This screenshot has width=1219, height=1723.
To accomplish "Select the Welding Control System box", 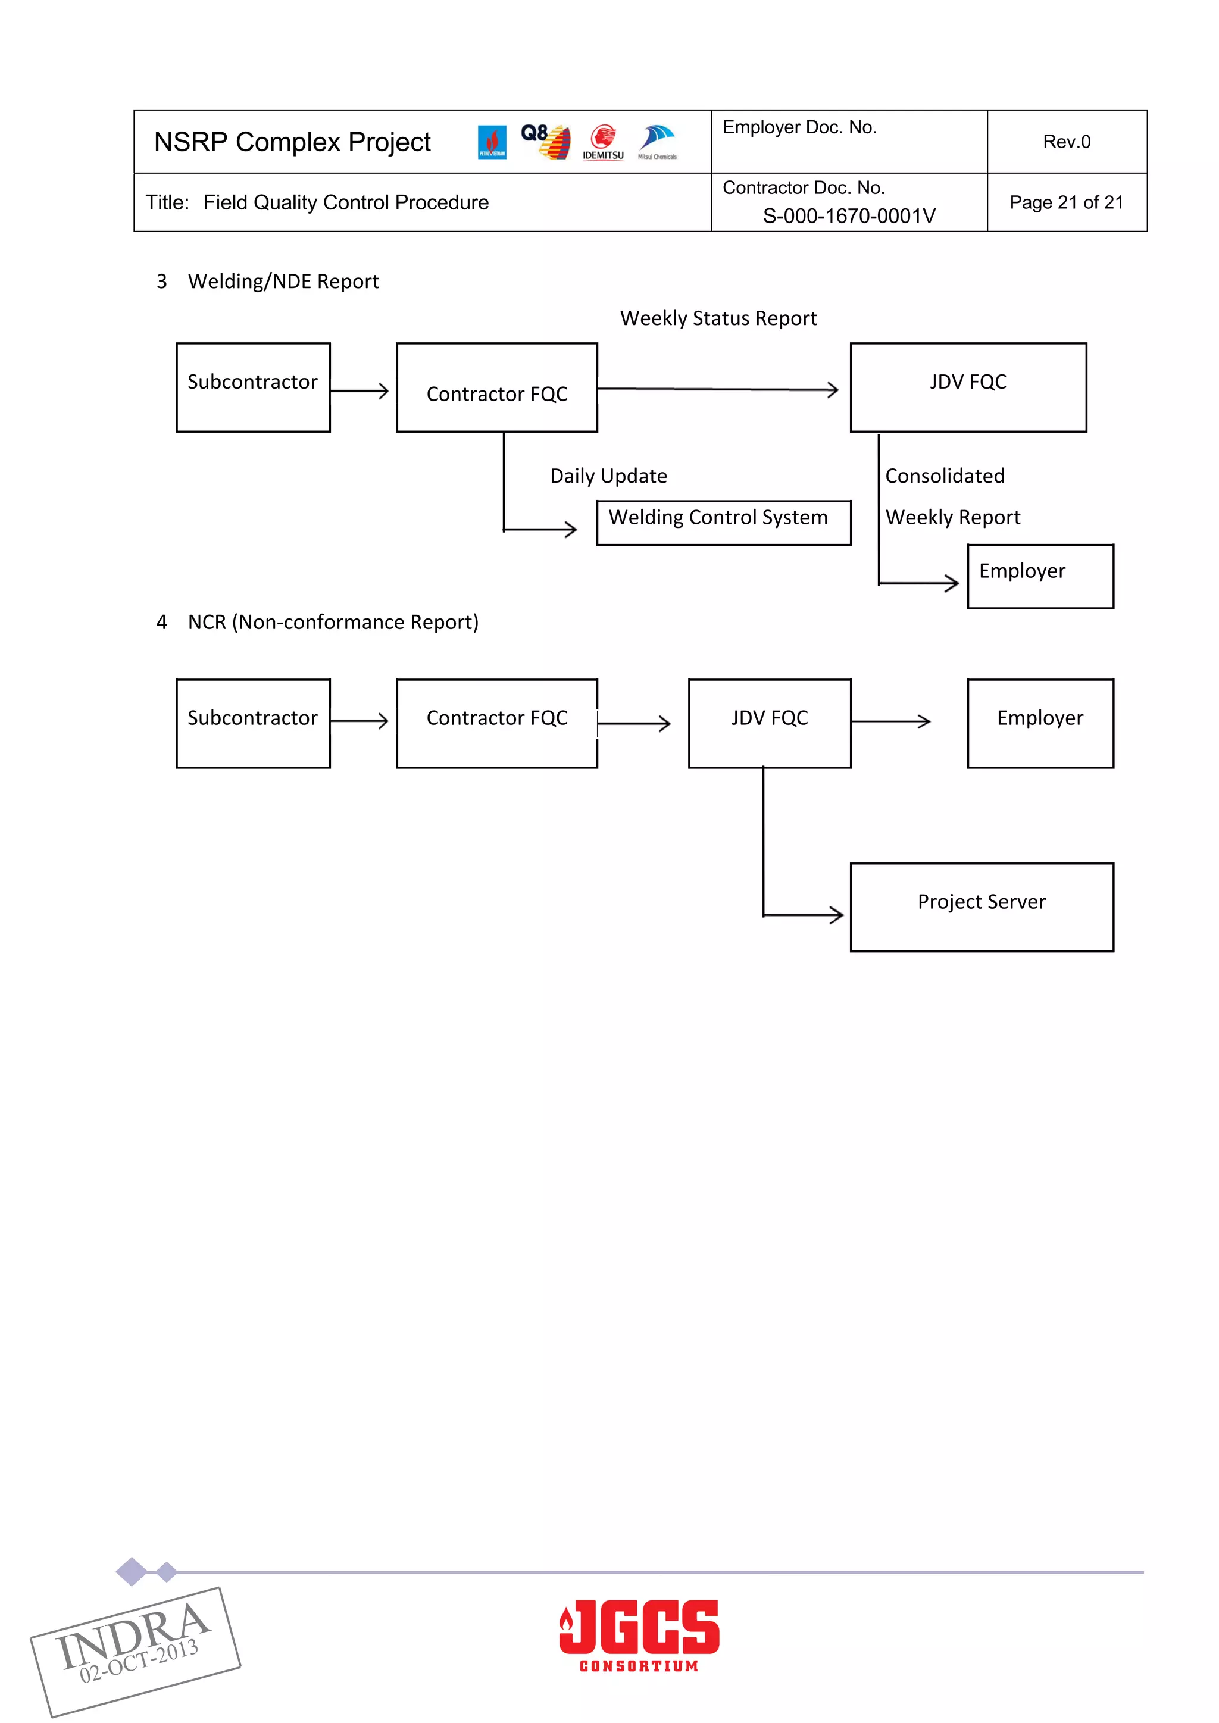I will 723,523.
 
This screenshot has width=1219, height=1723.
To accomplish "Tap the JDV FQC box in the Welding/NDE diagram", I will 968,387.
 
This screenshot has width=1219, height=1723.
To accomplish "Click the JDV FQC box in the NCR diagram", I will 770,723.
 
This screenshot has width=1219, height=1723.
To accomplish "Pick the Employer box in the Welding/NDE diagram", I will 1040,576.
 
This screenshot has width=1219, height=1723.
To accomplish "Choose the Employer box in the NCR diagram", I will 1040,723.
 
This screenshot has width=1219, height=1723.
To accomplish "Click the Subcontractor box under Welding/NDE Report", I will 253,387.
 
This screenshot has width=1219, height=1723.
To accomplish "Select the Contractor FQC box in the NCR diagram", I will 497,723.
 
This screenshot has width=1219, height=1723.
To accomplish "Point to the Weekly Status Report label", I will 718,318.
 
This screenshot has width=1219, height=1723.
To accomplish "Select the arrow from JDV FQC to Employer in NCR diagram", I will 891,721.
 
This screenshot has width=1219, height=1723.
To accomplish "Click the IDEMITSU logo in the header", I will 603,143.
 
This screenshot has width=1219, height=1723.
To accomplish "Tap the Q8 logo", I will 545,141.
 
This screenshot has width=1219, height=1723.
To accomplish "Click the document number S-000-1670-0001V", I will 849,216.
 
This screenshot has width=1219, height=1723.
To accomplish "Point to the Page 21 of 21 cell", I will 1066,202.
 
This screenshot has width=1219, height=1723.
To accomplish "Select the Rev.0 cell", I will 1066,142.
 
